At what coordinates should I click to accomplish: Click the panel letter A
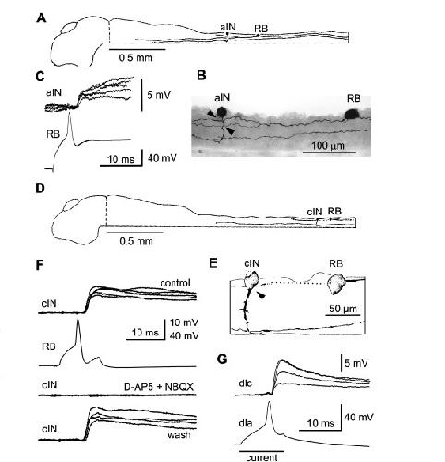[x=42, y=18]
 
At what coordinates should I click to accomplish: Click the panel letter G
[x=222, y=359]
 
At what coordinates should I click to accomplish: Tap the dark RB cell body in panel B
[x=353, y=115]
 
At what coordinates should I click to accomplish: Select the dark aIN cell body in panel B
[x=222, y=113]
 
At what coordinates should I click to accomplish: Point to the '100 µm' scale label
[x=328, y=145]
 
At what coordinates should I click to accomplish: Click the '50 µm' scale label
[x=343, y=309]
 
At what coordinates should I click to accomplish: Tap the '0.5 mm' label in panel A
[x=136, y=57]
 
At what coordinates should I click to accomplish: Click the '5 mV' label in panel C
[x=159, y=95]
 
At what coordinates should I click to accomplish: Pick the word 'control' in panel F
[x=175, y=283]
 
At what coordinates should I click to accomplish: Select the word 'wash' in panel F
[x=179, y=435]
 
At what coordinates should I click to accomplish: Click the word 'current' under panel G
[x=261, y=457]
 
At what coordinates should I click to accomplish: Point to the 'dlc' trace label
[x=246, y=383]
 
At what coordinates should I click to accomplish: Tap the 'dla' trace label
[x=246, y=423]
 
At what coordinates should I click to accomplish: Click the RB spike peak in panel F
[x=78, y=319]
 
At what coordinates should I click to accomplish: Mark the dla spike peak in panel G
[x=269, y=403]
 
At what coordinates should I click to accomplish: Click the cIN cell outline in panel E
[x=252, y=280]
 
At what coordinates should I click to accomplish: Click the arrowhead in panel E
[x=261, y=296]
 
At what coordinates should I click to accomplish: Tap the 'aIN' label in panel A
[x=228, y=27]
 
